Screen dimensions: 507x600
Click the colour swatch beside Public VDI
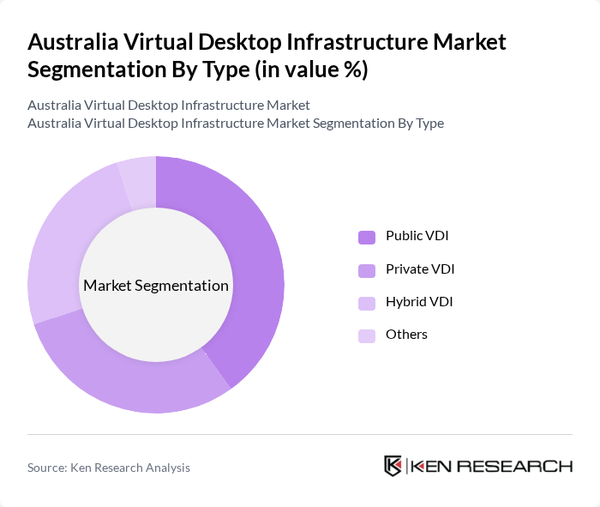(x=367, y=237)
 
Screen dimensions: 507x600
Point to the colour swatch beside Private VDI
(x=367, y=270)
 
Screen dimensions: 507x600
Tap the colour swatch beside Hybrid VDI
(x=367, y=303)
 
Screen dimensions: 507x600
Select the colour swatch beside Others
(x=367, y=335)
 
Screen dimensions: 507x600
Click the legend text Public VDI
(x=417, y=236)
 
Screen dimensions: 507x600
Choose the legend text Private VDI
(x=420, y=269)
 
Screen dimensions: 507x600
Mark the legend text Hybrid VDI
(x=419, y=302)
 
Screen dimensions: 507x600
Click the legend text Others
(x=406, y=335)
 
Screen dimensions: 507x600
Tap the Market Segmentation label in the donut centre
(x=156, y=286)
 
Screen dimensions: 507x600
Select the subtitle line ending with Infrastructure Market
(x=169, y=106)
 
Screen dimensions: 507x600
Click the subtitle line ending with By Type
(x=236, y=123)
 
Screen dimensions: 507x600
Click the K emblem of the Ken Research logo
(x=393, y=466)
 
